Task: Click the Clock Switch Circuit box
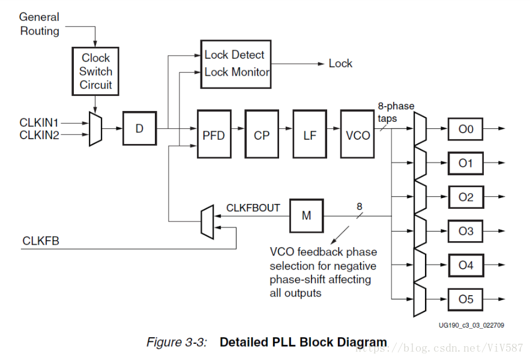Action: click(96, 71)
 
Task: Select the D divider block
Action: click(139, 128)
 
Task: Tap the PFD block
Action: click(214, 135)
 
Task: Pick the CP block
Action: click(262, 135)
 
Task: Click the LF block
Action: click(310, 135)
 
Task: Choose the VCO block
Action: click(358, 135)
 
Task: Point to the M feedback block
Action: click(306, 215)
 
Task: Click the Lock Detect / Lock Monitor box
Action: click(236, 64)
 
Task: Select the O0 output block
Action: click(466, 128)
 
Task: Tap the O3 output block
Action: click(466, 231)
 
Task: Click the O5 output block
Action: click(466, 299)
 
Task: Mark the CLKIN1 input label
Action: click(40, 122)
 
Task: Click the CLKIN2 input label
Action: click(40, 135)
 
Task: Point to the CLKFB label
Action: click(41, 241)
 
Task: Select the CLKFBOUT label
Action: click(253, 208)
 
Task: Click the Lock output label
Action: click(340, 64)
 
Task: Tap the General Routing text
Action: click(40, 24)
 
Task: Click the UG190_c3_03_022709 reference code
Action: click(471, 325)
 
